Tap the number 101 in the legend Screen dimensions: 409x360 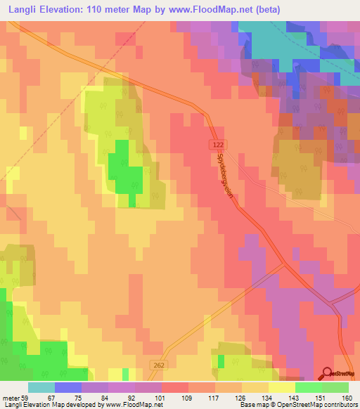159,398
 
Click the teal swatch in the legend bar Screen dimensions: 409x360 41,387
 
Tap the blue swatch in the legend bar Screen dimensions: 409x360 68,387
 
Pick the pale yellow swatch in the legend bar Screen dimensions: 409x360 282,387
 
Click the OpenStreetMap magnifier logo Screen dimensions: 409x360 327,373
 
